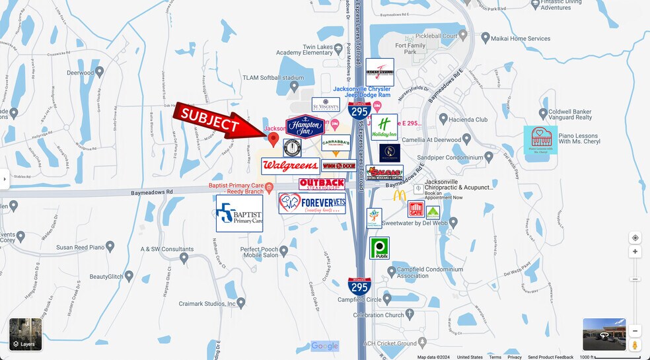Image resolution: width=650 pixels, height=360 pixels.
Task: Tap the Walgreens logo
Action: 290,166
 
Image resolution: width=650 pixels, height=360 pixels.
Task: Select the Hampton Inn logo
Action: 305,126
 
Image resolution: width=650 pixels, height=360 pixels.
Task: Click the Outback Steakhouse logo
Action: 322,184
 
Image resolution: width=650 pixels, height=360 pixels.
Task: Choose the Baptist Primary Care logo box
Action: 239,213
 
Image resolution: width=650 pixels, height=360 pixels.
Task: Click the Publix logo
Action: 379,248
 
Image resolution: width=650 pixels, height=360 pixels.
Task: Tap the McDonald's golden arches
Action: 400,196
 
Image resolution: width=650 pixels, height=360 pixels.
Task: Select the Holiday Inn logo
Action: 384,127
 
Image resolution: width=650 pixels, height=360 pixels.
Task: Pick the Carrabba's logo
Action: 336,143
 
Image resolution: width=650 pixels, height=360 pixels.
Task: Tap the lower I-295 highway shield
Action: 359,285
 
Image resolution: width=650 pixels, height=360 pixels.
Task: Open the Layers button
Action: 26,334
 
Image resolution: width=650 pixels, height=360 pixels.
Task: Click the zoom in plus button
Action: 635,252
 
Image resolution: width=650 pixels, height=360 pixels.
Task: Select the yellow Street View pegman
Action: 635,344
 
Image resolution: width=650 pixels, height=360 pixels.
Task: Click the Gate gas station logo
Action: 415,209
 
